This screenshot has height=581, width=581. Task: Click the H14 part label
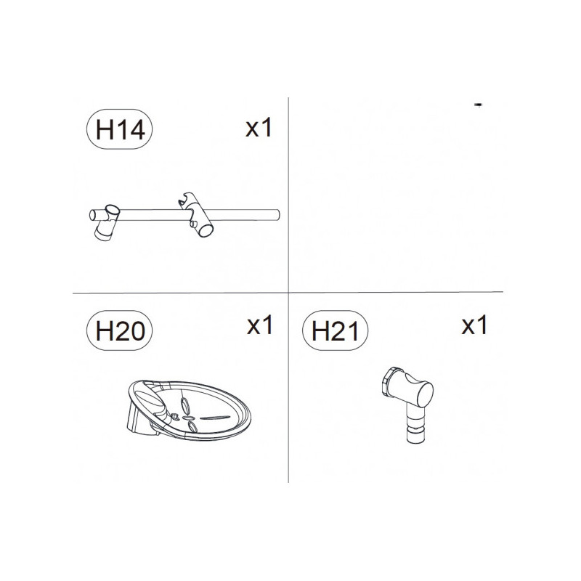(x=119, y=129)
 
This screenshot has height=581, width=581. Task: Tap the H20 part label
(x=119, y=330)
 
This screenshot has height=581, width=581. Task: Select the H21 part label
(x=335, y=330)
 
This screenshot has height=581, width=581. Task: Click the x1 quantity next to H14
(x=259, y=128)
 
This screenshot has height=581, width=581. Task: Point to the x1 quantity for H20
(x=259, y=325)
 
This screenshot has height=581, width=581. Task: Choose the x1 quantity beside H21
(x=474, y=325)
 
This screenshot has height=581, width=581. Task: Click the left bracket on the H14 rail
(x=107, y=222)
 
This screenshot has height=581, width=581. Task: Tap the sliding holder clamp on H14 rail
(x=195, y=215)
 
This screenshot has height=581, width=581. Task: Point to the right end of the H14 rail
(x=278, y=215)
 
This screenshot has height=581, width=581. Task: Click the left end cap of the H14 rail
(x=92, y=215)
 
